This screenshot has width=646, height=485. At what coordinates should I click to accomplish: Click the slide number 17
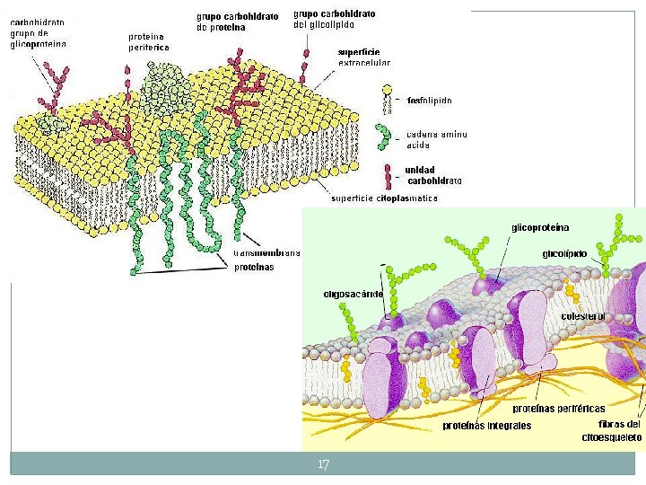point(324,464)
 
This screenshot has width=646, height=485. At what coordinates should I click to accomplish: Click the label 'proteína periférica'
point(148,41)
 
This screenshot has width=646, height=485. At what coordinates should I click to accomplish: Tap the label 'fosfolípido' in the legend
point(429,100)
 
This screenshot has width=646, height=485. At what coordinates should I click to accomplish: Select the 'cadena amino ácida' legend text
point(436,139)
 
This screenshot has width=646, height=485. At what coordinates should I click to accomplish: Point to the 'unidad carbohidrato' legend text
point(432,175)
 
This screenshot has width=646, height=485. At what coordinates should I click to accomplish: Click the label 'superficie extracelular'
point(363,58)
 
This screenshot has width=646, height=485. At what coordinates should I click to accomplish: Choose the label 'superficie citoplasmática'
point(384,198)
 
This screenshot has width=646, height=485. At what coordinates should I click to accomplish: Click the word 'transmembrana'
point(266,253)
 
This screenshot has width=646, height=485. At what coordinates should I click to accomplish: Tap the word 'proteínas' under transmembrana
point(254,268)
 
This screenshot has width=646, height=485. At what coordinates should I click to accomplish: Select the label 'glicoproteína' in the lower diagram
point(540,227)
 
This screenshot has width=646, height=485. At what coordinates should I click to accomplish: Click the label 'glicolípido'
point(564,254)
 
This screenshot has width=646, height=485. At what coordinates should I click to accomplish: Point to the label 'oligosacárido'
point(354,294)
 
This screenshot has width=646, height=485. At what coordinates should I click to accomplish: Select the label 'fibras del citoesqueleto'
point(615,431)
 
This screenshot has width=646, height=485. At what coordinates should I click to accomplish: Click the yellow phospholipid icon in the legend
point(388,93)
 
